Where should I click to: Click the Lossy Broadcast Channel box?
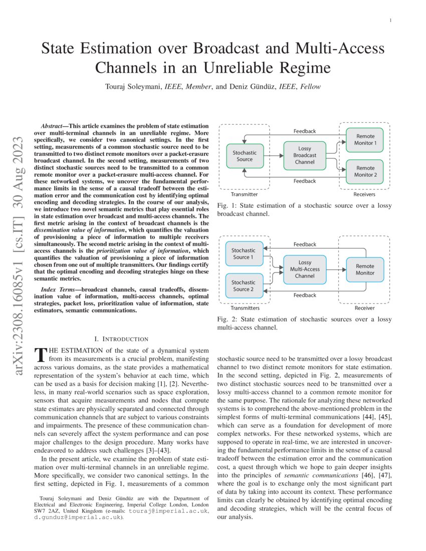305,155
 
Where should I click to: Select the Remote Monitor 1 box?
365,139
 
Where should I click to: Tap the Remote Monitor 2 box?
365,171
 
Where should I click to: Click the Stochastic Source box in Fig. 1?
245,156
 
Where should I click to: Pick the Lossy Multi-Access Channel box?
305,269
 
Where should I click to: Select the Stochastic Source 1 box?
244,253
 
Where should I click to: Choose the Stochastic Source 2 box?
244,286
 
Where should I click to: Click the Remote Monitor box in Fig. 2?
365,269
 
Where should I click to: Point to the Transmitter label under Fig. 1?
245,194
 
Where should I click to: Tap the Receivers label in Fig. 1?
364,194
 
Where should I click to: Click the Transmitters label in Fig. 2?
245,309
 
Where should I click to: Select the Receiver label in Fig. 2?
364,309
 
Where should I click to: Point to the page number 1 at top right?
390,20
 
